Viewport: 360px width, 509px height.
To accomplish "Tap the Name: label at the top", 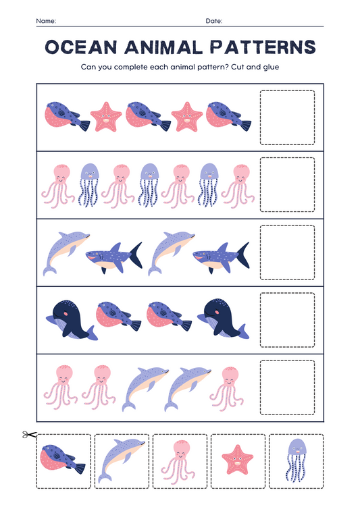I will pos(46,22).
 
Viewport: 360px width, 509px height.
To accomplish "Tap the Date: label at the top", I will pos(214,22).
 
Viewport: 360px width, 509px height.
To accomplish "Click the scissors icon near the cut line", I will pos(28,435).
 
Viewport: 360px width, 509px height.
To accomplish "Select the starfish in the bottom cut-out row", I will pos(238,461).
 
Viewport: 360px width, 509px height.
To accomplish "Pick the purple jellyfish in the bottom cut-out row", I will pos(296,460).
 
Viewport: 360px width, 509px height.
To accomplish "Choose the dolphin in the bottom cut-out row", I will pos(122,460).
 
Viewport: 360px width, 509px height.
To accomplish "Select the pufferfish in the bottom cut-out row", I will pos(63,461).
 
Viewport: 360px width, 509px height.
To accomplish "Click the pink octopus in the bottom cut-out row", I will pos(180,460).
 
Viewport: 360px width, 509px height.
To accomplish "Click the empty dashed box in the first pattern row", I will pos(287,117).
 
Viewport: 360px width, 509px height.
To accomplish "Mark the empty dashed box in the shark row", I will pos(287,252).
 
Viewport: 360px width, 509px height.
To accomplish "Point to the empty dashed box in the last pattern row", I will pos(287,387).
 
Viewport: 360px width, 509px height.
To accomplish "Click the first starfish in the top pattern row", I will pos(106,117).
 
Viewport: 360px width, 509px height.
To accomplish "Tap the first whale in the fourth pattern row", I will pos(71,319).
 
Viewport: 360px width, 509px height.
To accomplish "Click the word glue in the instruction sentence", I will pos(270,67).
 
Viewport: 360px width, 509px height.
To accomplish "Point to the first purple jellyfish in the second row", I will pos(89,184).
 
